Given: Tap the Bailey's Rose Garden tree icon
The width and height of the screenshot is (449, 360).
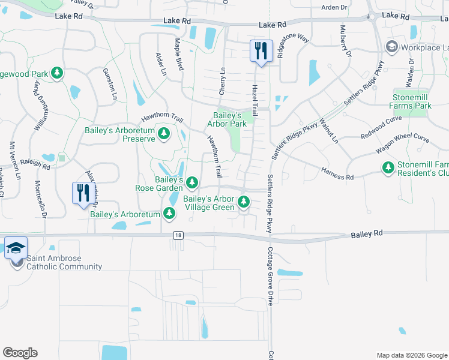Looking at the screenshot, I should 192,182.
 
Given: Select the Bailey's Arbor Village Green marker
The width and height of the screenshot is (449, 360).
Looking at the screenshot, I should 244,201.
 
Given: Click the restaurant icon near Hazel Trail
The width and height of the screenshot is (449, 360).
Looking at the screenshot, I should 261,50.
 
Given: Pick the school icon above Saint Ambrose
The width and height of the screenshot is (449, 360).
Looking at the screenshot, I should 16,247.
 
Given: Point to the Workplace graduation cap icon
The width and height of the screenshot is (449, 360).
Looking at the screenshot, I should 392,46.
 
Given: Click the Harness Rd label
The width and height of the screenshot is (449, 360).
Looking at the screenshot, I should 337,173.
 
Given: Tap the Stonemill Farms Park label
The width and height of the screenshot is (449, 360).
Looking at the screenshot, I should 412,101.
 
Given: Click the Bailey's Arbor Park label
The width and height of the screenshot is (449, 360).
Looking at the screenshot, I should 228,119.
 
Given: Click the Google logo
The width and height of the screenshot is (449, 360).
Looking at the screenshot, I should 20,353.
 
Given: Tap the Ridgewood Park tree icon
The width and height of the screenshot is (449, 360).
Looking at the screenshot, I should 57,73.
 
